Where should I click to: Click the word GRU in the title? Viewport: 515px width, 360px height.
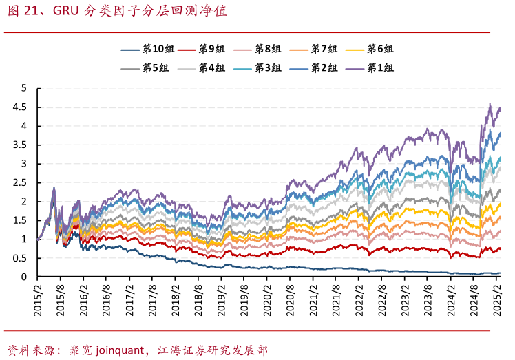(65, 12)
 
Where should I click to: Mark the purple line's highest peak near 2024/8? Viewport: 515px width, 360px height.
(490, 104)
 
